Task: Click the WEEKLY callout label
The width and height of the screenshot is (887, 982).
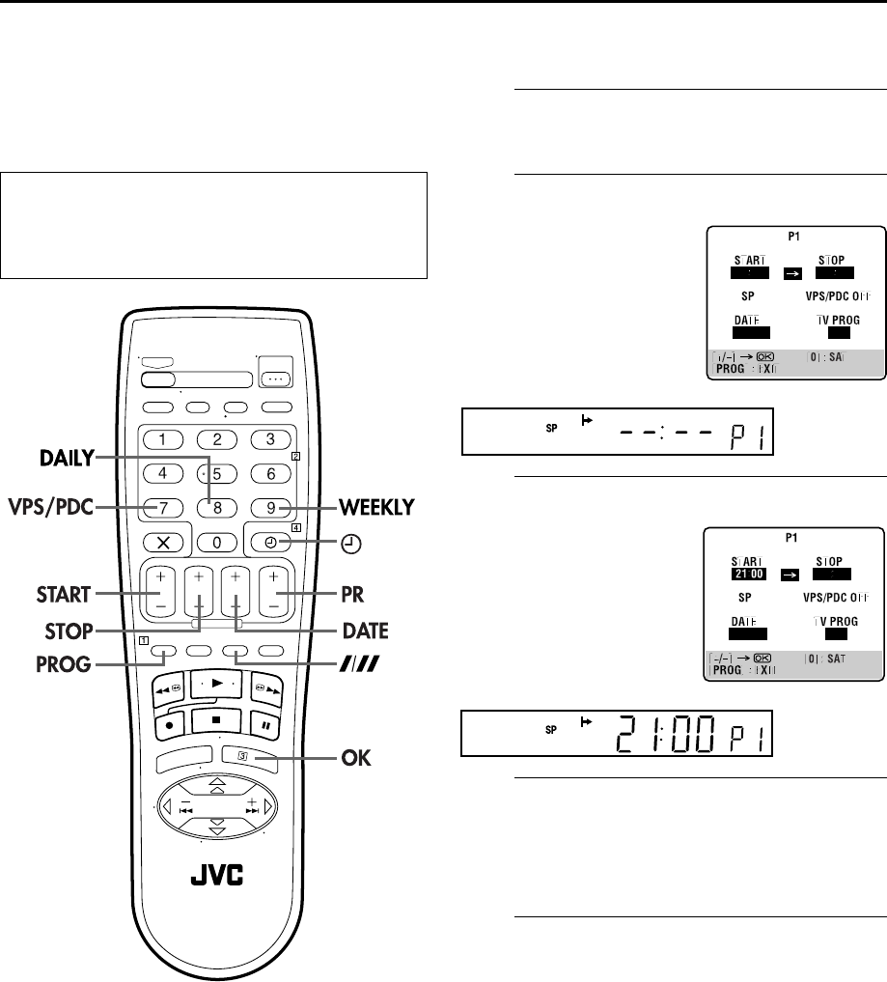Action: click(x=375, y=507)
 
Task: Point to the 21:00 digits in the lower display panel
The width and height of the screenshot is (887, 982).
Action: click(x=667, y=742)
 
